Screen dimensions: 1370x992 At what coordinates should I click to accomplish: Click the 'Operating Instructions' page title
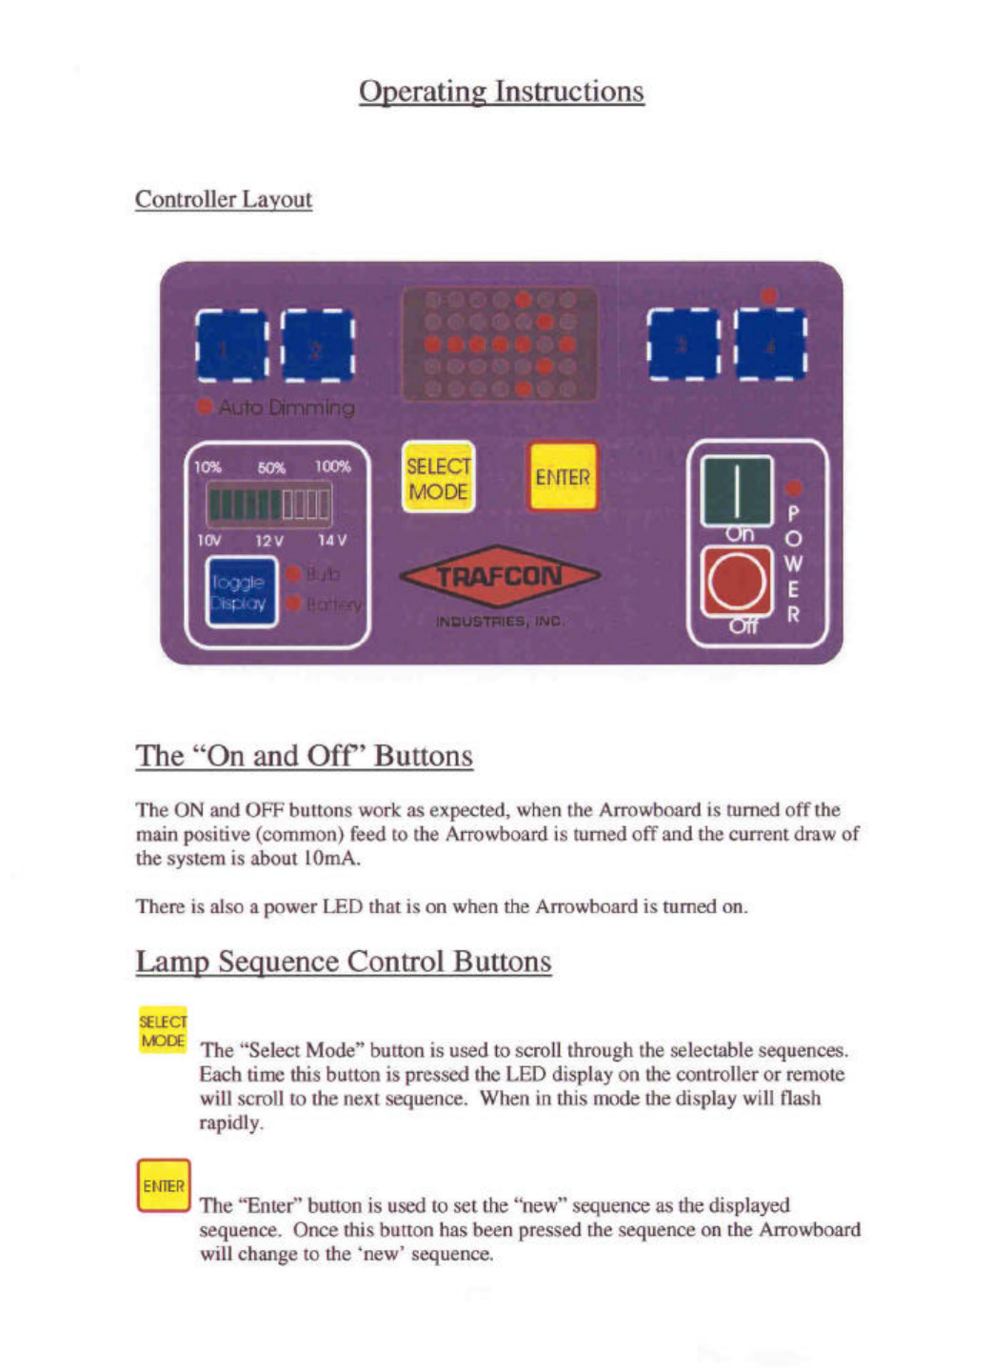[x=501, y=91]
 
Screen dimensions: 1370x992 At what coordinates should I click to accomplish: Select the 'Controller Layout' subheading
[x=224, y=199]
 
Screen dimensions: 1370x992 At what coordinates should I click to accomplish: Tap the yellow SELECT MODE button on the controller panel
[x=438, y=478]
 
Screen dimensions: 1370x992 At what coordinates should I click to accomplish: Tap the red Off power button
[x=736, y=582]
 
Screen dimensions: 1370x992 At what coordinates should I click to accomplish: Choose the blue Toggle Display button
[x=241, y=592]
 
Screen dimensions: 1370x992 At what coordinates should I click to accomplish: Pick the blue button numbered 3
[x=684, y=344]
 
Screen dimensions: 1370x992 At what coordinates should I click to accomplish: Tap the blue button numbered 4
[x=770, y=344]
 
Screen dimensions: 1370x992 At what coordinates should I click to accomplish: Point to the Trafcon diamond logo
[x=500, y=576]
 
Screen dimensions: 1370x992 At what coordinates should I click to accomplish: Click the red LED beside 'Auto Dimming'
[x=204, y=407]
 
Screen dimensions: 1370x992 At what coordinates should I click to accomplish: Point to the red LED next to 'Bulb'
[x=293, y=574]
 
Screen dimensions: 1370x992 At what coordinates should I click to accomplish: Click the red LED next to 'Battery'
[x=293, y=604]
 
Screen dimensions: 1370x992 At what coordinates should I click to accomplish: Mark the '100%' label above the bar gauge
[x=332, y=467]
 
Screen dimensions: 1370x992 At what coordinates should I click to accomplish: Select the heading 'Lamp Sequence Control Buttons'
[x=343, y=962]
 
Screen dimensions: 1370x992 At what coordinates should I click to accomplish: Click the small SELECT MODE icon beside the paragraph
[x=163, y=1031]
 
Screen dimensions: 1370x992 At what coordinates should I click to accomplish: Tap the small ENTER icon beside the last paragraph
[x=164, y=1185]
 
